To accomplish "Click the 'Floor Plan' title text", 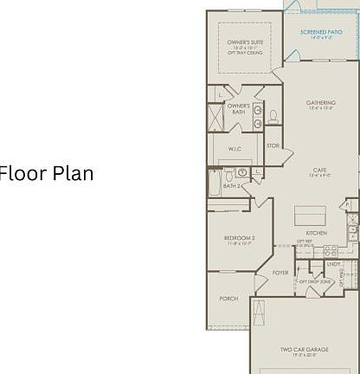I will coord(47,172).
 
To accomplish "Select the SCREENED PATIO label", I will coord(320,32).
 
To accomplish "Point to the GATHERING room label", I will coord(321,103).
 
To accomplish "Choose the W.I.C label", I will coord(234,148).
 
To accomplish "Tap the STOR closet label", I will coord(273,145).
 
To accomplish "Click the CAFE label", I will coord(319,170).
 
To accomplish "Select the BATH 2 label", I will coord(232,185).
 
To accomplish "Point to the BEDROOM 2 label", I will coord(240,237).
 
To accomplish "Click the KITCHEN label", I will coord(316,233).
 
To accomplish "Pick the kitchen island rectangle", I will coord(309,215).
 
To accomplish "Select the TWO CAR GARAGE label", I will coord(304,350).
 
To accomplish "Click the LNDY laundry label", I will coord(332,265).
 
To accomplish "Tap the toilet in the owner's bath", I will coord(273,116).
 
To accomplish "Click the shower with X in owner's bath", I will coord(215,117).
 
